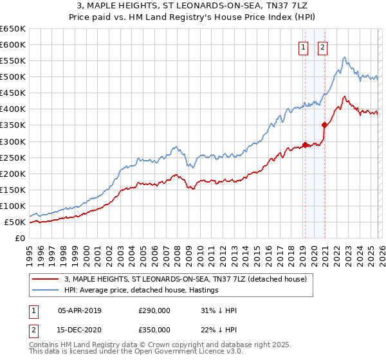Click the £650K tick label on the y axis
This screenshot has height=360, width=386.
point(13,29)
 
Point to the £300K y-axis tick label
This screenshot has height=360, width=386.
point(13,141)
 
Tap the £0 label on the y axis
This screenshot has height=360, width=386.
point(21,239)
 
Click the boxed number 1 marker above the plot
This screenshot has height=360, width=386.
point(303,46)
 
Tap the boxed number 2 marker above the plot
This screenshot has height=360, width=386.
point(322,46)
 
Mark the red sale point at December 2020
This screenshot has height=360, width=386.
point(324,125)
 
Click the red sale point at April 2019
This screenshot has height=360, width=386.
point(305,145)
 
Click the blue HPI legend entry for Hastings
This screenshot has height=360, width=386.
point(141,290)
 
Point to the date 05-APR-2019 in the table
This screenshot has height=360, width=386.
point(80,310)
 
